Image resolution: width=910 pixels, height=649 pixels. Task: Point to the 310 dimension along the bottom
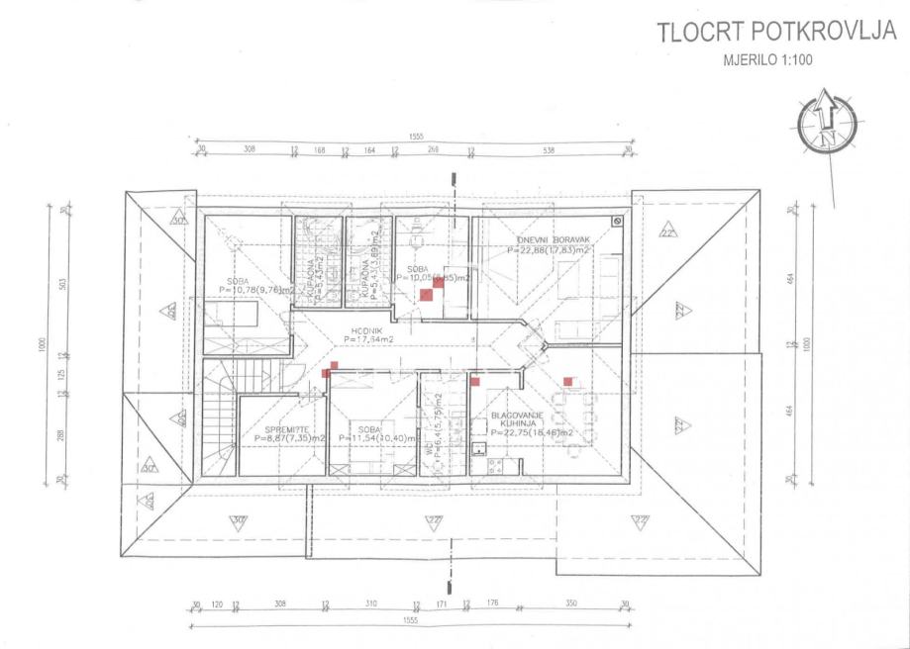[x=370, y=603]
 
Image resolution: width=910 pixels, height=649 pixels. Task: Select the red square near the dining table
[x=568, y=381]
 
